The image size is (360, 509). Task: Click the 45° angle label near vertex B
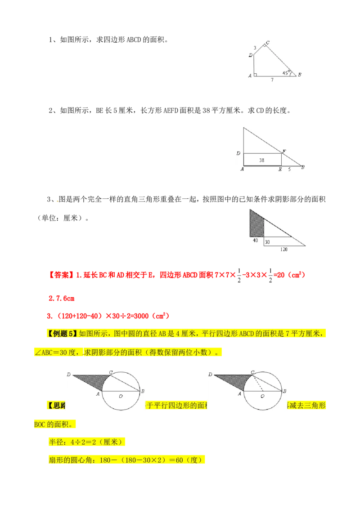(x=285, y=72)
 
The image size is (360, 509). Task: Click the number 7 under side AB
(x=271, y=80)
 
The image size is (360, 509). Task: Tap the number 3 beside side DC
(x=255, y=47)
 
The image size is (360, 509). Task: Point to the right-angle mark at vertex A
(x=255, y=75)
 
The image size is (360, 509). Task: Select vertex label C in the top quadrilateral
(x=267, y=43)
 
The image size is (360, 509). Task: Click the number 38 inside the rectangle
(x=262, y=160)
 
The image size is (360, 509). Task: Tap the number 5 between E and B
(x=289, y=170)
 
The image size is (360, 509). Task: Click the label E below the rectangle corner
(x=280, y=170)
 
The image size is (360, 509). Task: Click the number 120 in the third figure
(x=283, y=249)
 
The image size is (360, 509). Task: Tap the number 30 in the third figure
(x=267, y=242)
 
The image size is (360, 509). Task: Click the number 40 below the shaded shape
(x=255, y=241)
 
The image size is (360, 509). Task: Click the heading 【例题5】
(x=61, y=333)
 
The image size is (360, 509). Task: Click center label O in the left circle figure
(x=121, y=396)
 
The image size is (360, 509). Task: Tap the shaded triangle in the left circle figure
(x=97, y=381)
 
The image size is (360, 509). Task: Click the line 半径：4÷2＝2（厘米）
(x=86, y=442)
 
